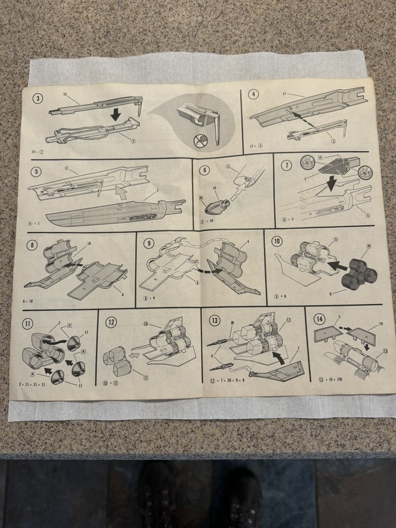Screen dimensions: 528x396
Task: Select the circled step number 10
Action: pos(277,241)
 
